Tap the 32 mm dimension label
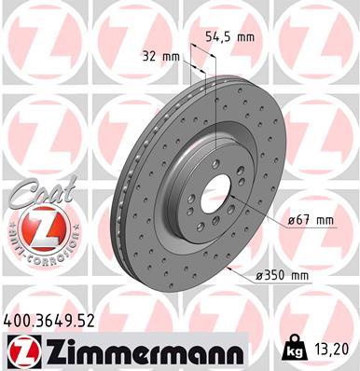(161, 55)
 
